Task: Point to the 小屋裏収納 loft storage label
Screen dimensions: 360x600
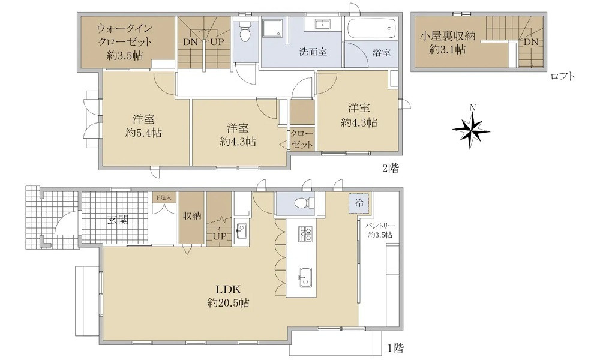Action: tap(448, 43)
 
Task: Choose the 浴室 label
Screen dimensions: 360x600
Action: tap(381, 53)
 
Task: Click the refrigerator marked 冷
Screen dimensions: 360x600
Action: tap(359, 202)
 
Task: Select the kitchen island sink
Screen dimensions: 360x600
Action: tap(305, 277)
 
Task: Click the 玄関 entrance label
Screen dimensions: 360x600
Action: tap(118, 220)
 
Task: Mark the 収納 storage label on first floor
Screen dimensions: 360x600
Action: tap(193, 215)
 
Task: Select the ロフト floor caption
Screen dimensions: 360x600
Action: tap(563, 76)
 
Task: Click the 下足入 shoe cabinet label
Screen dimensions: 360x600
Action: tap(163, 197)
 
